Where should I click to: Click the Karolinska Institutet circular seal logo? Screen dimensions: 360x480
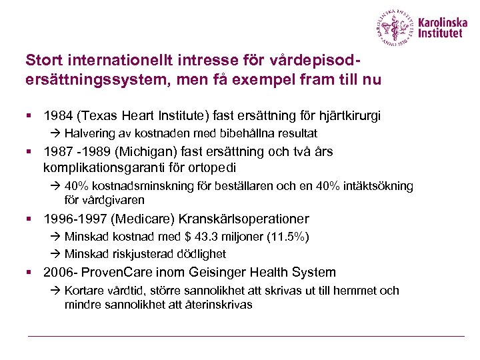coord(397,28)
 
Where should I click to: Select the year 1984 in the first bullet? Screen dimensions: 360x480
coord(57,116)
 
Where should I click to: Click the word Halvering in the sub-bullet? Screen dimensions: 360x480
coord(90,133)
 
